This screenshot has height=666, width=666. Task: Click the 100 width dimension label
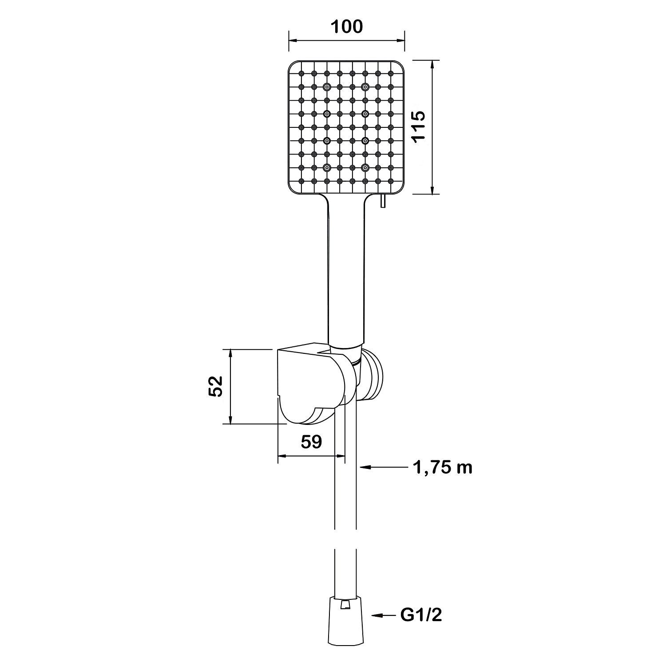point(347,27)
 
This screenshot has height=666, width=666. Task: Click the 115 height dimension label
point(418,127)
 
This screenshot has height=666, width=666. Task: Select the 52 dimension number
point(215,386)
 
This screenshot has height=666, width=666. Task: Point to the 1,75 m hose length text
point(443,467)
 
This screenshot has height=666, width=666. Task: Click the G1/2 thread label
point(421,615)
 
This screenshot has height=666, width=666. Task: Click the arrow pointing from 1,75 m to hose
point(383,467)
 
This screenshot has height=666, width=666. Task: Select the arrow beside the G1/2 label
point(383,615)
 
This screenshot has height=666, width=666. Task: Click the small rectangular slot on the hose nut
point(345,606)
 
